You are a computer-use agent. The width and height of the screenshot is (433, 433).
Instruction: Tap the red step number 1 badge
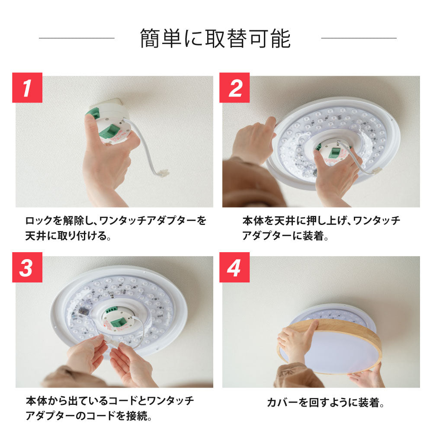point(27,87)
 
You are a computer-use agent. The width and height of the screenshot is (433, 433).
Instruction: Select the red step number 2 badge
point(234,87)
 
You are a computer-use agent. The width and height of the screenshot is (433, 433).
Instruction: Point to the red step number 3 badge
point(27,267)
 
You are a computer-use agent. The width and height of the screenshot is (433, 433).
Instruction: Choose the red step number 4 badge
point(234,267)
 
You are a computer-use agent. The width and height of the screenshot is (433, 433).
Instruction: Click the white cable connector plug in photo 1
point(163,173)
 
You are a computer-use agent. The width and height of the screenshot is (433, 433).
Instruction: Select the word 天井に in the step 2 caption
point(283,221)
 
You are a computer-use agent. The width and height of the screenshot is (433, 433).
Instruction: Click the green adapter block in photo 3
point(119,322)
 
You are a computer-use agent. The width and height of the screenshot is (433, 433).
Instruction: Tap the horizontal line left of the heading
point(77,38)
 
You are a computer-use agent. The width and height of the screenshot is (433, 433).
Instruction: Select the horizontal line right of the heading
point(359,38)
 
